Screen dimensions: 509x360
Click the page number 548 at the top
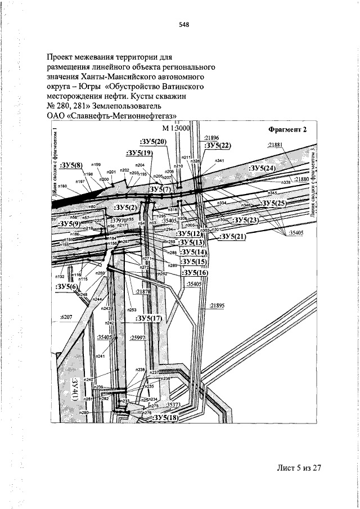click(183, 24)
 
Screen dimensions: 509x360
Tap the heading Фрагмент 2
click(287, 130)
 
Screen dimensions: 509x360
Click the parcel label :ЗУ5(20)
click(152, 141)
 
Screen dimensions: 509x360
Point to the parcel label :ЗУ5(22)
click(217, 146)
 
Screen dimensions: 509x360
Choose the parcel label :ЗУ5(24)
click(262, 168)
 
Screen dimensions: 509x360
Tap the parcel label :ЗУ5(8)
click(71, 165)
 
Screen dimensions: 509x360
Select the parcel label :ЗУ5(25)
click(277, 202)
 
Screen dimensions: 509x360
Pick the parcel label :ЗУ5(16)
click(195, 272)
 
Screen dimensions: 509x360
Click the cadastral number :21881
click(275, 145)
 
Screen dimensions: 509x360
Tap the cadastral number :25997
click(137, 337)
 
